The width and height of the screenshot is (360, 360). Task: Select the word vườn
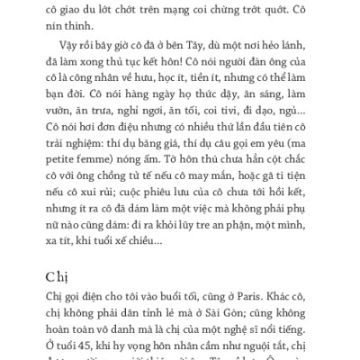point(68,127)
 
